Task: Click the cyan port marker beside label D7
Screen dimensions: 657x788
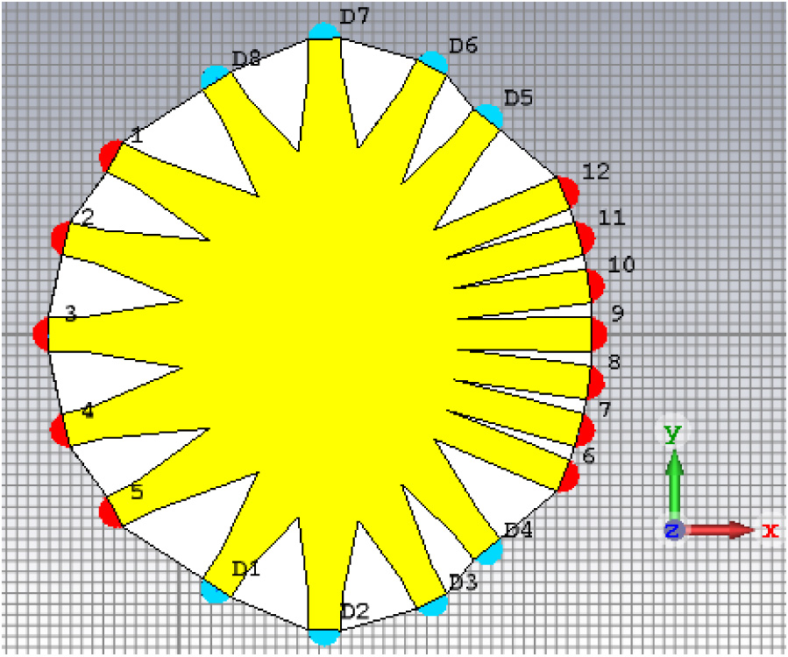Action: point(323,32)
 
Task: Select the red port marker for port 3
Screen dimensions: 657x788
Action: point(41,334)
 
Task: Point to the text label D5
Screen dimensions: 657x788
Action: point(518,97)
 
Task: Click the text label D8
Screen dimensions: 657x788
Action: point(246,59)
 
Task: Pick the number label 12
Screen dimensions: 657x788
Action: point(595,171)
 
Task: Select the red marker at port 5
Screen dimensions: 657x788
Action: point(110,512)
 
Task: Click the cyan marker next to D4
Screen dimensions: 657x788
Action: point(489,552)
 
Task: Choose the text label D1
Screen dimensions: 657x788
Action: point(246,568)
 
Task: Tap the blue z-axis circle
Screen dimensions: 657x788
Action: point(672,529)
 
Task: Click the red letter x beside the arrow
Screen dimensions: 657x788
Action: point(770,529)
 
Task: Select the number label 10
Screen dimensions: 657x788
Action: point(621,265)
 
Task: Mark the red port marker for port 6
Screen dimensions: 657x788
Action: point(570,477)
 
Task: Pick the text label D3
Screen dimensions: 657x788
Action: point(463,583)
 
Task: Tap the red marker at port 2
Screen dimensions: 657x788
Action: point(60,237)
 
